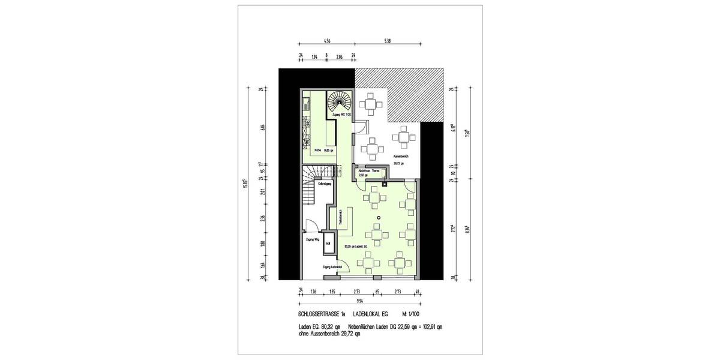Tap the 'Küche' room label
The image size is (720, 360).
click(319, 151)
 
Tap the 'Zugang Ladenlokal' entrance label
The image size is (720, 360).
click(332, 266)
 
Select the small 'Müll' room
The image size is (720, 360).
click(328, 244)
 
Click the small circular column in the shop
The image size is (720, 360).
click(379, 217)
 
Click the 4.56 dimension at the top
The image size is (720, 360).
click(327, 41)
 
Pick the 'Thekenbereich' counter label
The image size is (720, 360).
click(340, 217)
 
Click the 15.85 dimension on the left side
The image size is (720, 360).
click(245, 183)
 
